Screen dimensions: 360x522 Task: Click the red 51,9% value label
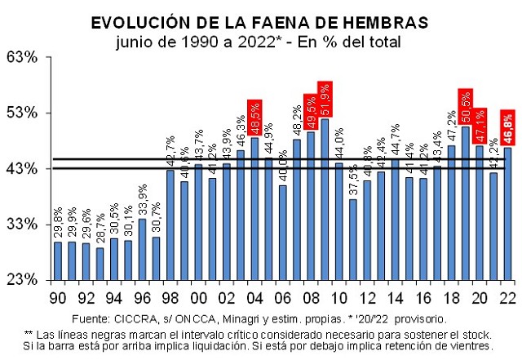click(325, 99)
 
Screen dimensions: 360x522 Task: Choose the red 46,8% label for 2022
click(507, 127)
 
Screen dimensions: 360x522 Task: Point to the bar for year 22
click(507, 213)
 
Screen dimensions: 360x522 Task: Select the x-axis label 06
click(282, 297)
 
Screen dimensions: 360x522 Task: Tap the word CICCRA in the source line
click(131, 318)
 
